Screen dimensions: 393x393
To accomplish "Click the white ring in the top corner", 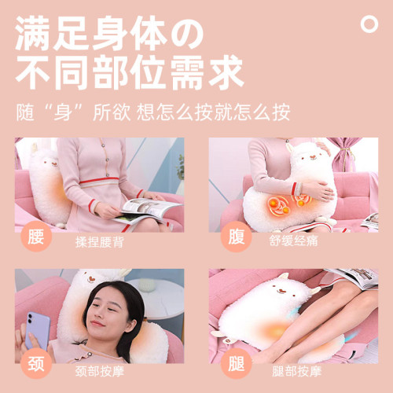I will point(369,24).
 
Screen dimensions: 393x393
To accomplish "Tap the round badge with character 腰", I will point(36,236).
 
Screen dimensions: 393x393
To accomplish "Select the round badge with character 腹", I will point(236,236).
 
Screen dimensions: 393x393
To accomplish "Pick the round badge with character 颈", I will point(36,364).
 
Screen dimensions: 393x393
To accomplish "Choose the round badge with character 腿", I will point(236,364).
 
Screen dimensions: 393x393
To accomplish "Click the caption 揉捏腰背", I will point(99,241).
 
